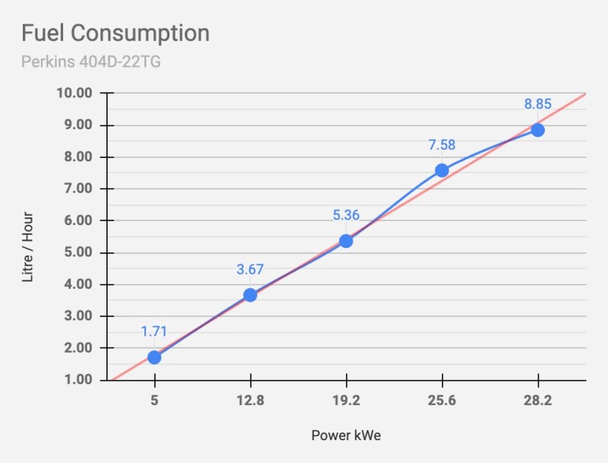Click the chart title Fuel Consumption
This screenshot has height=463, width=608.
(x=115, y=34)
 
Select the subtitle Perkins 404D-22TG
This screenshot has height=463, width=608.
(x=90, y=61)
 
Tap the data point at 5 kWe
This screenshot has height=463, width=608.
(x=154, y=357)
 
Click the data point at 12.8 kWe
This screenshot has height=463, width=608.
(x=250, y=295)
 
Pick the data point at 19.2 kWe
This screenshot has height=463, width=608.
(x=346, y=241)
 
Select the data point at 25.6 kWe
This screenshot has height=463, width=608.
(x=442, y=170)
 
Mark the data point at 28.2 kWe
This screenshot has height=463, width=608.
(x=537, y=130)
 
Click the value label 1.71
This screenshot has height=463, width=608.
(x=154, y=331)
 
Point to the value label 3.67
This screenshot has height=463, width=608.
(x=249, y=270)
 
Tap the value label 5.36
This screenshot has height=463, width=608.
(x=346, y=216)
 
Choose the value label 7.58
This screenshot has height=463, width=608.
(x=442, y=145)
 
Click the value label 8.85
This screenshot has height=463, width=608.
(x=537, y=105)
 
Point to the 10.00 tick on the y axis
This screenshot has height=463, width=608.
(x=74, y=94)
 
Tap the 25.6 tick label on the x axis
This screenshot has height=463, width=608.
(x=442, y=401)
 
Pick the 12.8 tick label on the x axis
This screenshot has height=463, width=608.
(x=250, y=401)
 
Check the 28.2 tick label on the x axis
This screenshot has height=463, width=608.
(x=537, y=401)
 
